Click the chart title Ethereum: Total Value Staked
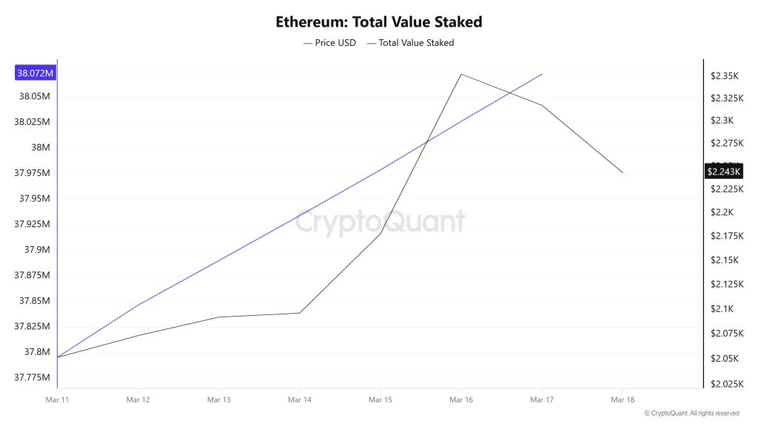[x=378, y=21]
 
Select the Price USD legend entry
[x=330, y=43]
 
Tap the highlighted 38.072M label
[x=35, y=73]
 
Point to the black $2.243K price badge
[x=723, y=172]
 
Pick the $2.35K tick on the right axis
[x=725, y=75]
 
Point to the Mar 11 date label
[x=57, y=399]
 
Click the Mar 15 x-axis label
[x=380, y=399]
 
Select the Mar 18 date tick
[x=623, y=399]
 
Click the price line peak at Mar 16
[x=461, y=74]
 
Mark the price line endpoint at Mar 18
[x=623, y=173]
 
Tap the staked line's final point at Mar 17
[x=543, y=74]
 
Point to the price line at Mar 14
[x=300, y=313]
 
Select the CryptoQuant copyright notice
[x=691, y=413]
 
